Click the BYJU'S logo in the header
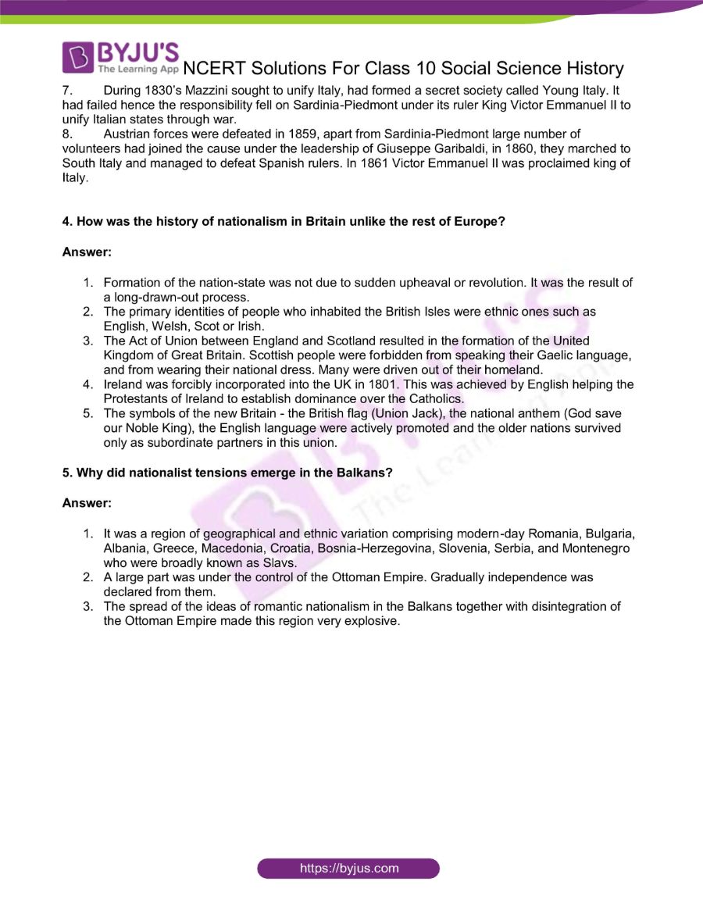(121, 59)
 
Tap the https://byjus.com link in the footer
(348, 868)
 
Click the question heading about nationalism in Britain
(284, 222)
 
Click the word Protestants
(137, 399)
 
